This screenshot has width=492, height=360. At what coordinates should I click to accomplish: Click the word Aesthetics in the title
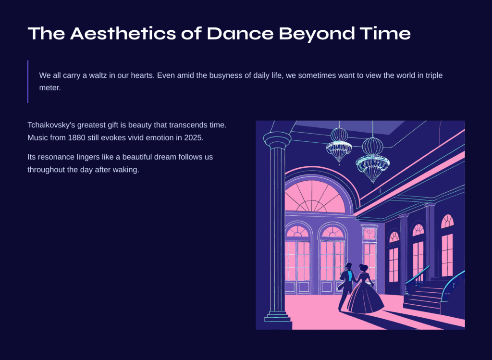pos(123,33)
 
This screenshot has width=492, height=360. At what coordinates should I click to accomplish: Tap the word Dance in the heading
pos(240,33)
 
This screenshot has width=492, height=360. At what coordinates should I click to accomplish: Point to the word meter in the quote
pos(50,87)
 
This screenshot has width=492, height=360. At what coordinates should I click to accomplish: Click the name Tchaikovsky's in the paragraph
pos(51,125)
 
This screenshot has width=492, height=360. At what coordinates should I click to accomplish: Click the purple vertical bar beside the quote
pos(28,81)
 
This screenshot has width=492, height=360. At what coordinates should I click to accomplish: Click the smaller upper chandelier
pos(339,145)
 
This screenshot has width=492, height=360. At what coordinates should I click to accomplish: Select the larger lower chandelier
pos(372,161)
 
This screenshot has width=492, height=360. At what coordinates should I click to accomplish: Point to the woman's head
pos(364,268)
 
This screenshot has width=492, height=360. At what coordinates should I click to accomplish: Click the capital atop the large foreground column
pos(277,140)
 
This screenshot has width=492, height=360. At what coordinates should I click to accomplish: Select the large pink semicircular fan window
pos(315,196)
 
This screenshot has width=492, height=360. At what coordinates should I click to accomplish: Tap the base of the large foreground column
pos(278,320)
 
